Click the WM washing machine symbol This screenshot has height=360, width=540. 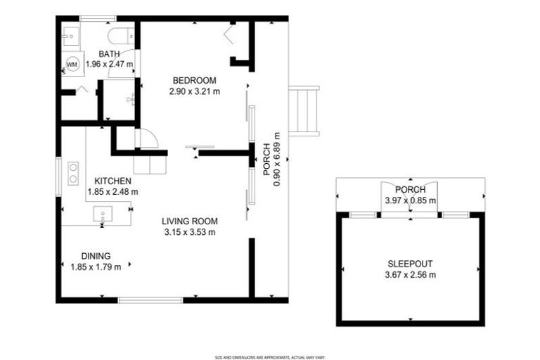tap(72, 64)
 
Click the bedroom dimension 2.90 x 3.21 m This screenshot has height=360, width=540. tap(195, 91)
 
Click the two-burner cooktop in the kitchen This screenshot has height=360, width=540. tap(72, 173)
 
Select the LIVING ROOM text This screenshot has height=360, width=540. tap(189, 221)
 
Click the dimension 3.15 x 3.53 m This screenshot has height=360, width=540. tap(189, 232)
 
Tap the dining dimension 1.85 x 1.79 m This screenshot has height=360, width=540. tap(96, 266)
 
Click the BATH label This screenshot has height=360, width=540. tap(109, 54)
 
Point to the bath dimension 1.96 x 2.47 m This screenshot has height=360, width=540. tap(109, 64)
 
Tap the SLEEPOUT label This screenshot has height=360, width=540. tap(411, 264)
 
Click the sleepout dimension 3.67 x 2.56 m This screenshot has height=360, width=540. tap(411, 274)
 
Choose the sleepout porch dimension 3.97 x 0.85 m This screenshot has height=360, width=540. tap(410, 200)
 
